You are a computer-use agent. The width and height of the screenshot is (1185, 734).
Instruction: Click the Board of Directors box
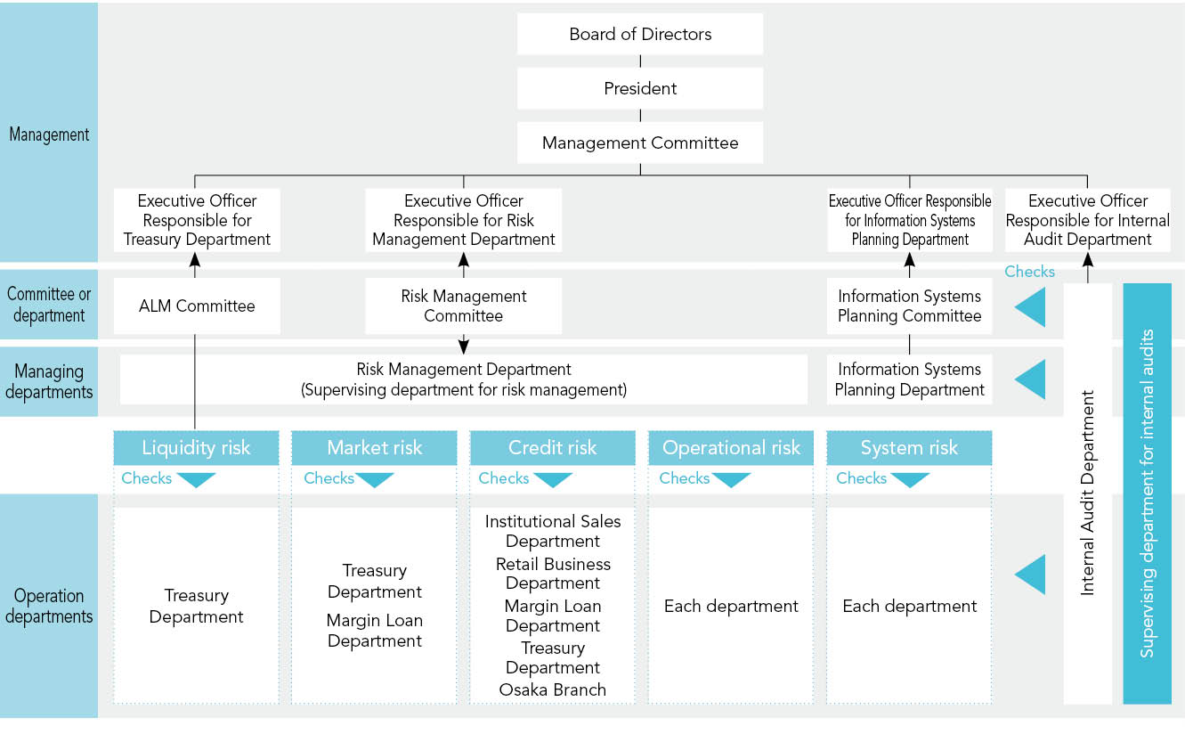pos(640,35)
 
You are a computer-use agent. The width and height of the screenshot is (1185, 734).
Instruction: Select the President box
pos(640,88)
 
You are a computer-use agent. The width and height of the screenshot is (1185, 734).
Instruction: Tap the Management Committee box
pos(640,143)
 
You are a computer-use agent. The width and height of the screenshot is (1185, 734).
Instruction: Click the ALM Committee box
pos(197,306)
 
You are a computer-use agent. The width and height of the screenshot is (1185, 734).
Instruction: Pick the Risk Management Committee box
pos(463,306)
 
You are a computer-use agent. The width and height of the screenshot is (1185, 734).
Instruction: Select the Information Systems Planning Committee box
pos(909,306)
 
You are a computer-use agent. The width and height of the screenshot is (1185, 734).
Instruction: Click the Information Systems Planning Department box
pos(909,379)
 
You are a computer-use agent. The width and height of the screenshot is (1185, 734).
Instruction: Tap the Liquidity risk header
pos(196,448)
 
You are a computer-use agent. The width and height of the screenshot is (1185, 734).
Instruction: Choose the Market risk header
pos(374,448)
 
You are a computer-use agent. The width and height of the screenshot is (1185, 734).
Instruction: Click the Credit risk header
pos(552,448)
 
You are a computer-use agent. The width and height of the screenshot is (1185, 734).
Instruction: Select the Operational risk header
pos(731,448)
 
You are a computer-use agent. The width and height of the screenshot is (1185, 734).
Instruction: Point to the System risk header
pos(909,448)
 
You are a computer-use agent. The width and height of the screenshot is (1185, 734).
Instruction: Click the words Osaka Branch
pos(552,689)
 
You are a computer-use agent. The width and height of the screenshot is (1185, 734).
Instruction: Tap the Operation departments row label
pos(49,606)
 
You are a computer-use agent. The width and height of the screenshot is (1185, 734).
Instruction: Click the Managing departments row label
pos(49,381)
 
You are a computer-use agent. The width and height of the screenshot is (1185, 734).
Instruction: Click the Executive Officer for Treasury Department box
pos(197,220)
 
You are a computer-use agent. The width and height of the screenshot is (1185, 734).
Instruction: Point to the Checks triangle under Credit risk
pos(552,480)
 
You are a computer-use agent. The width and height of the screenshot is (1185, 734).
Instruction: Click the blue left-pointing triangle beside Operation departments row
pos(1031,575)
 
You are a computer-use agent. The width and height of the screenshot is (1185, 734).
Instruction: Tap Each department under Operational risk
pos(731,607)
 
